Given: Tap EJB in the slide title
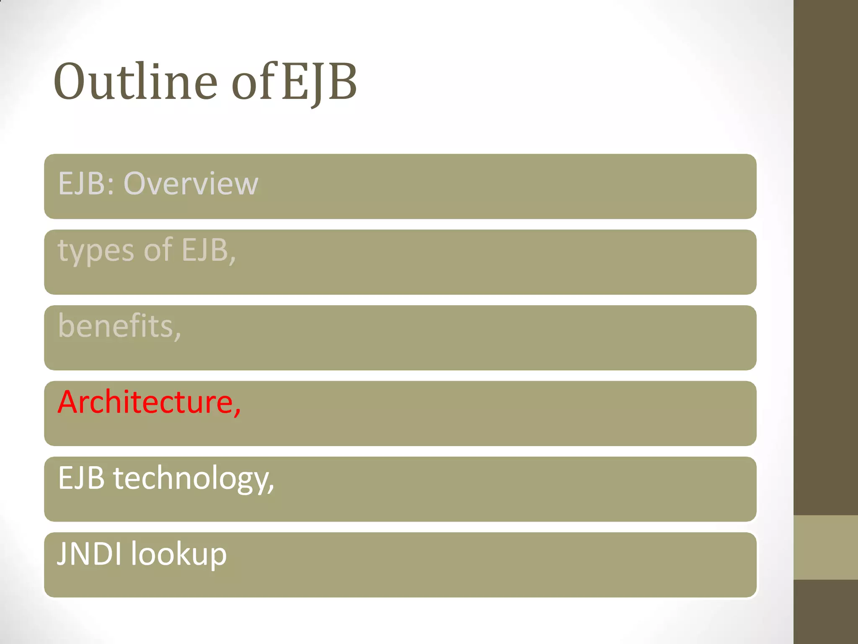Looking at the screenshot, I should point(318,82).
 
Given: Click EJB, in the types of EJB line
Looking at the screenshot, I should point(209,250).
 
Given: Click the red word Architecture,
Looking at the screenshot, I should point(149,402).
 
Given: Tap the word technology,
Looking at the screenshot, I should point(194,479).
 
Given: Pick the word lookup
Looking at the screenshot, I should point(179,555).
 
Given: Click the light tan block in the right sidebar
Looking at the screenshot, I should point(825,547).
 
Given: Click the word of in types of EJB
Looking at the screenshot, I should point(158,250).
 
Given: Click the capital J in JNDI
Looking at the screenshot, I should point(62,554).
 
